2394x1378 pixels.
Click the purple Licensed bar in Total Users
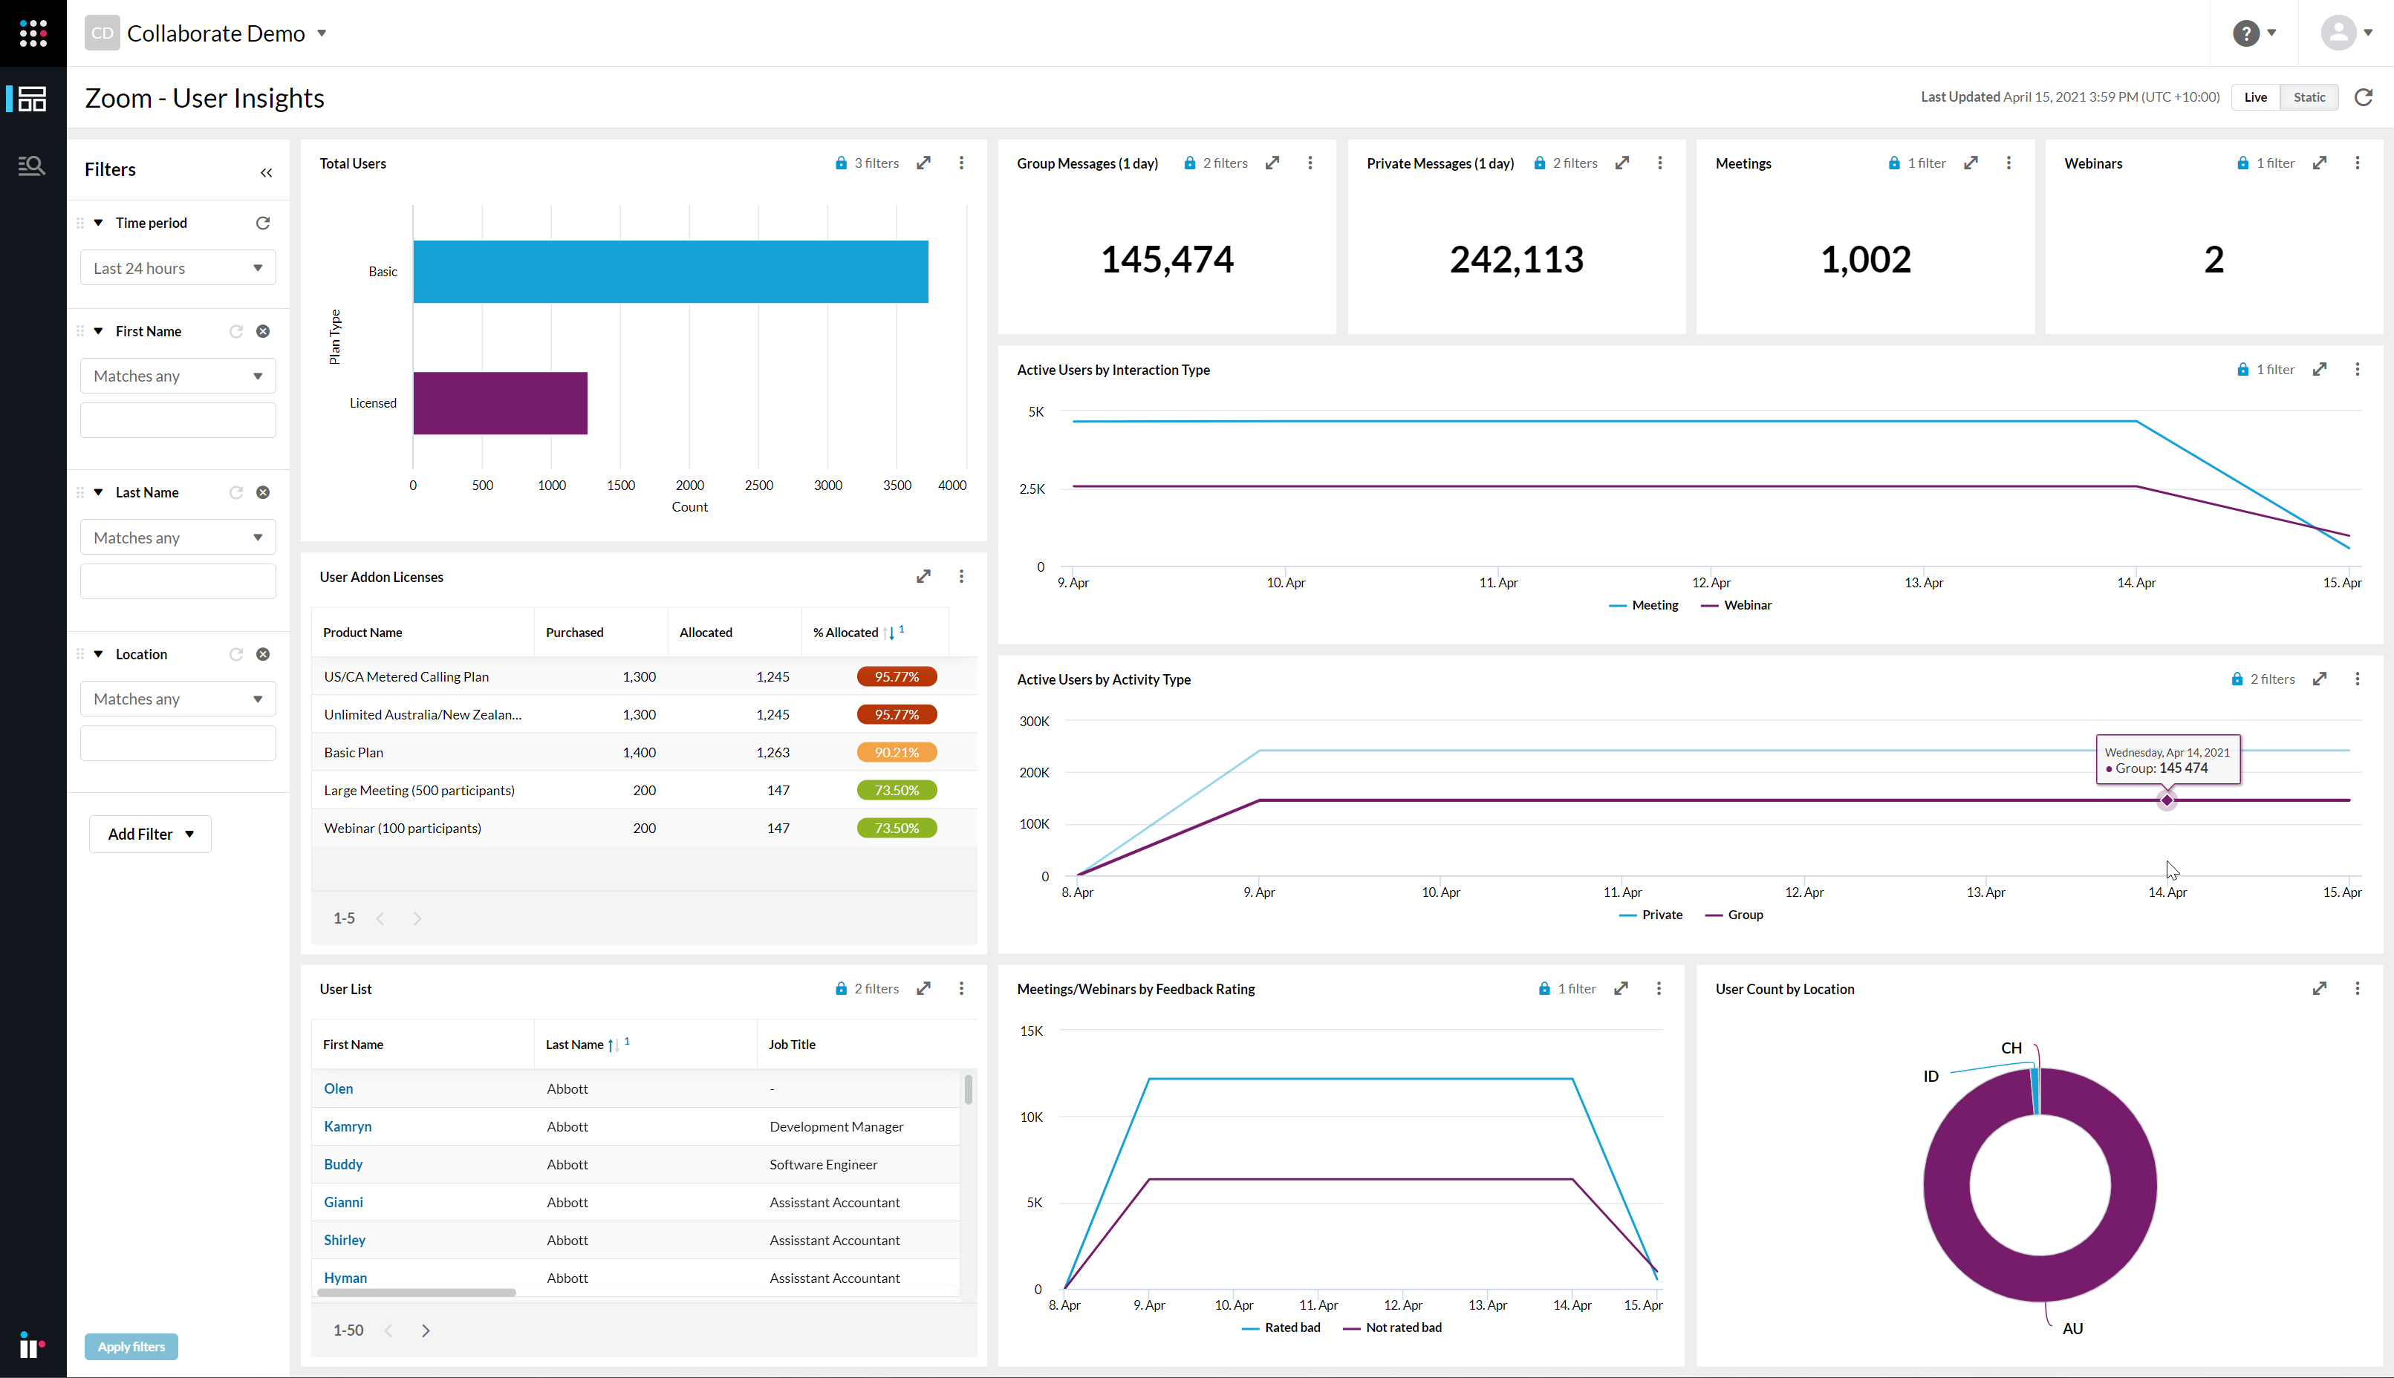(x=500, y=403)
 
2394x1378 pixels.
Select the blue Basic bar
(x=670, y=272)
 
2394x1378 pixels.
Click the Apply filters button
(x=131, y=1347)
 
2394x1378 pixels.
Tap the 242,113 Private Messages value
(x=1515, y=259)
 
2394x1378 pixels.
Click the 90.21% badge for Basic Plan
(x=896, y=752)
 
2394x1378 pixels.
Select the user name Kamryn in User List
(x=348, y=1126)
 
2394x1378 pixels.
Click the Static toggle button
(x=2309, y=97)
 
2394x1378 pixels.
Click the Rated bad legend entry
(x=1291, y=1327)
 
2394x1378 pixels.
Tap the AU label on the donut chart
(x=2072, y=1328)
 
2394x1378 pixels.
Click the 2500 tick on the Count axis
(x=758, y=486)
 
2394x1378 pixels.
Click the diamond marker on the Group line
(x=2167, y=800)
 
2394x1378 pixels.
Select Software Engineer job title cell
(x=822, y=1164)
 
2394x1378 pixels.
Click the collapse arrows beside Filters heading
(x=266, y=172)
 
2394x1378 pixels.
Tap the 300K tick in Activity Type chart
(x=1034, y=721)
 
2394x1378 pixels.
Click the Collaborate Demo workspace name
(x=216, y=33)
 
